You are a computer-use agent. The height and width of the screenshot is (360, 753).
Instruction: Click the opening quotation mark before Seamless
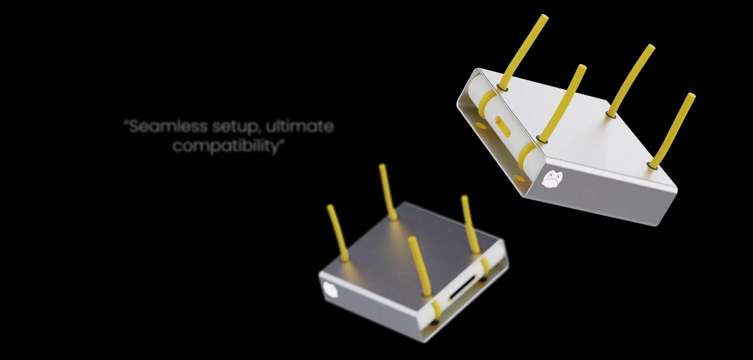pyautogui.click(x=126, y=122)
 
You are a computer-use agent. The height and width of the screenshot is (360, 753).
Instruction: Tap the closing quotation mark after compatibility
pyautogui.click(x=280, y=142)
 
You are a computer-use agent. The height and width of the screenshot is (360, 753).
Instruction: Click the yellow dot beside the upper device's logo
pyautogui.click(x=520, y=180)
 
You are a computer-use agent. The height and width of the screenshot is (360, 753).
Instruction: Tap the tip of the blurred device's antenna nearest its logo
pyautogui.click(x=330, y=207)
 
